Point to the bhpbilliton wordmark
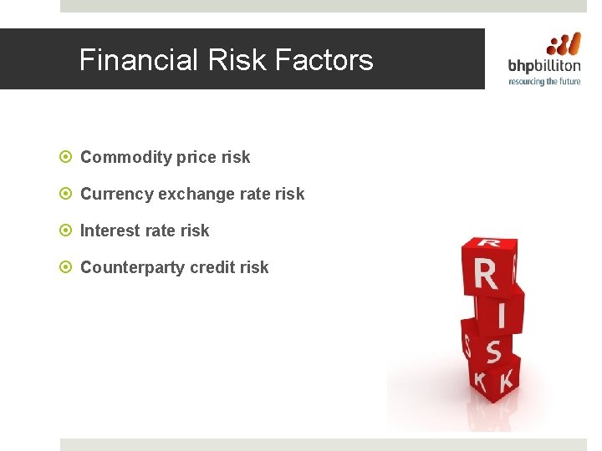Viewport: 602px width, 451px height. tap(544, 67)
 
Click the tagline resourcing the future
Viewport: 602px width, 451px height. tap(544, 82)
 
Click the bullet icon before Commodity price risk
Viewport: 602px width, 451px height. tap(67, 157)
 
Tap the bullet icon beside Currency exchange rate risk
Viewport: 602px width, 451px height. tap(67, 194)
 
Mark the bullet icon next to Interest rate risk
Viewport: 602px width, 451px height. tap(67, 231)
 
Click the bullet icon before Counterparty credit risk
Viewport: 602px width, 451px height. tap(67, 267)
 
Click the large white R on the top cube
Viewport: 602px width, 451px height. tap(486, 275)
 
